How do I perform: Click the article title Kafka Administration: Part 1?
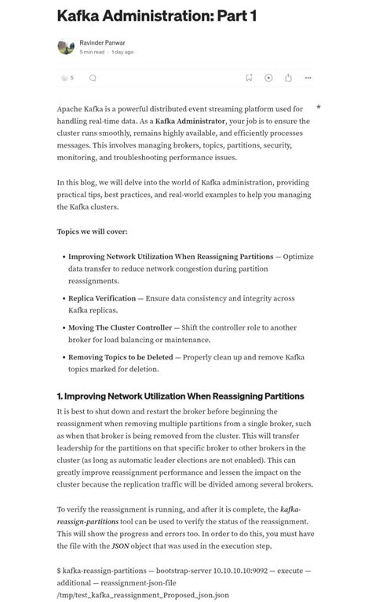click(x=157, y=16)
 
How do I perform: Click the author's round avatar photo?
click(x=66, y=47)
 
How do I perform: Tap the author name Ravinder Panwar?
click(x=102, y=42)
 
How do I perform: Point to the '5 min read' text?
click(x=93, y=52)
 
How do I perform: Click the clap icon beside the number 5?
click(x=64, y=78)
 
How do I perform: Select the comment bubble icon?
click(x=93, y=78)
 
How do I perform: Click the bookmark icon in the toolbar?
click(x=249, y=78)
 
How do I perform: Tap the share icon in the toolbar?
click(x=288, y=78)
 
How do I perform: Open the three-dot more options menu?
click(x=308, y=78)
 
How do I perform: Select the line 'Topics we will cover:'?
click(x=92, y=232)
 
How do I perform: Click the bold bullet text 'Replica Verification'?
click(x=101, y=298)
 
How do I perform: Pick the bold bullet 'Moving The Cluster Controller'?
click(x=119, y=327)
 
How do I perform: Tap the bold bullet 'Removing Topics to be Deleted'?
click(x=120, y=357)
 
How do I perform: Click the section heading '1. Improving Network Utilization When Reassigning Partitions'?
click(x=181, y=396)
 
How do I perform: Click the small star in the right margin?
click(x=319, y=107)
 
